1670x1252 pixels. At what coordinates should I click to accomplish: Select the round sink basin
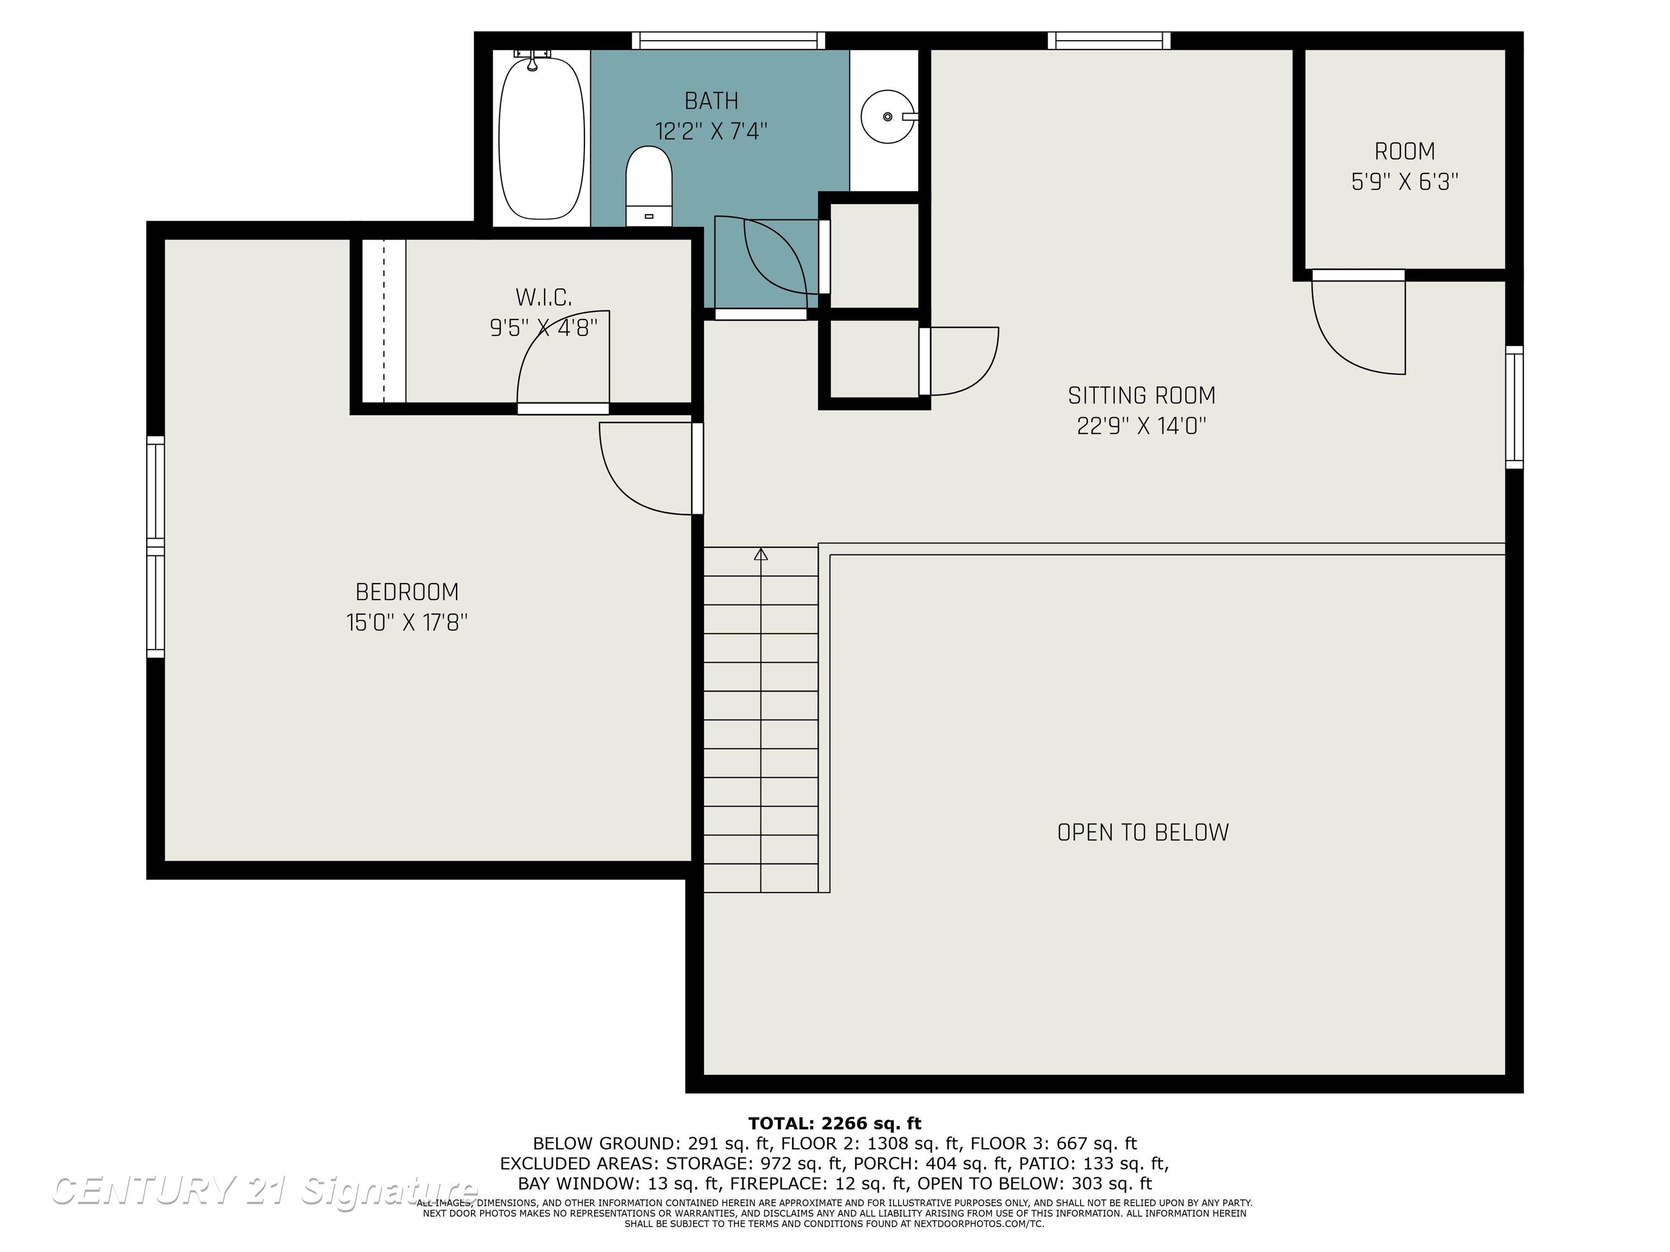click(x=888, y=116)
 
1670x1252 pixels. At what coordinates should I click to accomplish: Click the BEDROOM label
click(x=407, y=592)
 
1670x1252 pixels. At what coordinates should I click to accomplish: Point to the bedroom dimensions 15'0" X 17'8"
click(x=407, y=623)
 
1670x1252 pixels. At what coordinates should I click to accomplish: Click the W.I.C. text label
click(x=544, y=297)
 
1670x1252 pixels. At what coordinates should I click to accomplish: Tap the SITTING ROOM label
click(x=1142, y=396)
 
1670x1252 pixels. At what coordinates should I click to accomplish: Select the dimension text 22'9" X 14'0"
click(x=1142, y=427)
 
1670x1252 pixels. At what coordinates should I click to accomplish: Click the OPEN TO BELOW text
click(x=1143, y=832)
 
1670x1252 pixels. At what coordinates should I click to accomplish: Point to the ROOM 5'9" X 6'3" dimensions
click(x=1404, y=182)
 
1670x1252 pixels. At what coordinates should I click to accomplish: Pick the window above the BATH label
click(x=728, y=41)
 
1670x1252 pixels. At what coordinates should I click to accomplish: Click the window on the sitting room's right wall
click(x=1515, y=407)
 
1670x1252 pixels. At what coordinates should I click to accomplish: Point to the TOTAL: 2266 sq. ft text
click(x=835, y=1124)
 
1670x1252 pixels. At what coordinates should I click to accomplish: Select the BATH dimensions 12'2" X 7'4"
click(x=711, y=132)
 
